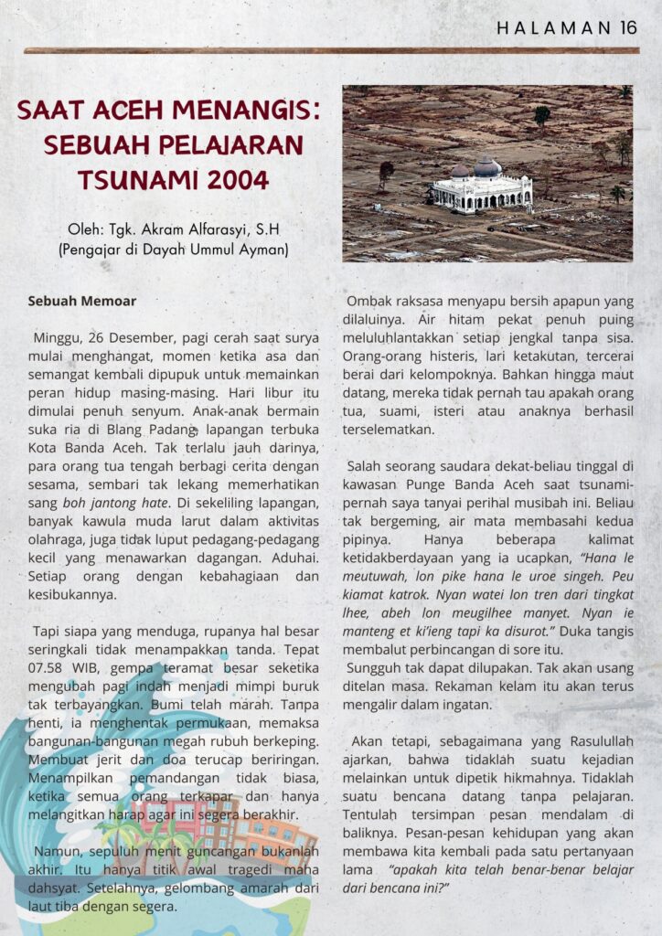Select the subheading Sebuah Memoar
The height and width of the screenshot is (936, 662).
pos(81,300)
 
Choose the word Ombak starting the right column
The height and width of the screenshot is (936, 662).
pos(368,302)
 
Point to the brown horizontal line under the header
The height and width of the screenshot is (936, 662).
pos(330,51)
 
